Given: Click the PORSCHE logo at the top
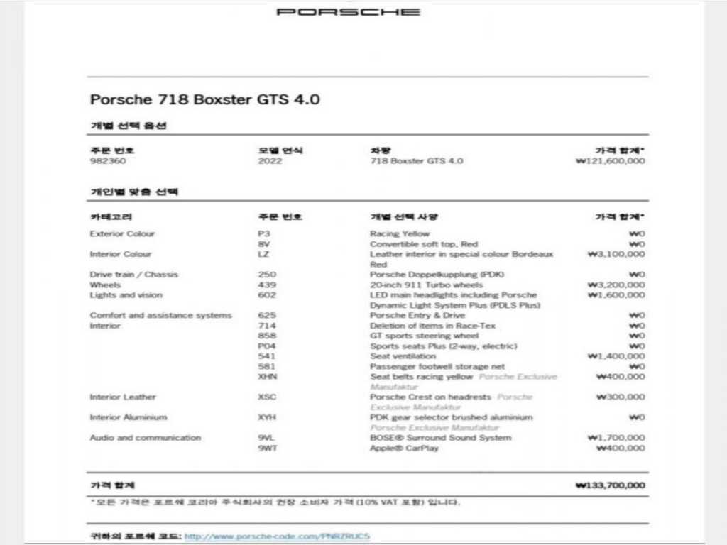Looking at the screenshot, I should [x=348, y=12].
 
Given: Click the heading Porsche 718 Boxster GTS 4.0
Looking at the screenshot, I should [x=204, y=99].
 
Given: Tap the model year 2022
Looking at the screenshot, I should [x=270, y=161].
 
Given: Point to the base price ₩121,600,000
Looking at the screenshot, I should [x=610, y=161].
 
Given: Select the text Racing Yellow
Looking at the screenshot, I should [x=400, y=233].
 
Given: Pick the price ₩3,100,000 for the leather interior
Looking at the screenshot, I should [x=616, y=254].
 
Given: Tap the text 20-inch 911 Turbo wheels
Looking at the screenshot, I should [x=426, y=285].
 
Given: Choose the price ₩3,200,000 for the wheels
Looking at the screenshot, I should [x=616, y=285].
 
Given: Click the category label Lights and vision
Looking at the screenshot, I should [x=126, y=295].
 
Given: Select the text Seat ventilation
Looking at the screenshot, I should [x=403, y=356].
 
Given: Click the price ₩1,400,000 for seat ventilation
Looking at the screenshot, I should [x=616, y=356].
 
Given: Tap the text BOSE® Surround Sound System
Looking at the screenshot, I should [x=440, y=438].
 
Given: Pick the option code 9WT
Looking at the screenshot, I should [x=268, y=448].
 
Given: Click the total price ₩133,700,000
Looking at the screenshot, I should [x=610, y=486].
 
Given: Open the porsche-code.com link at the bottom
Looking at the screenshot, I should [x=278, y=536].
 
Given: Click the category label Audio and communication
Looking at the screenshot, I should [x=145, y=438].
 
